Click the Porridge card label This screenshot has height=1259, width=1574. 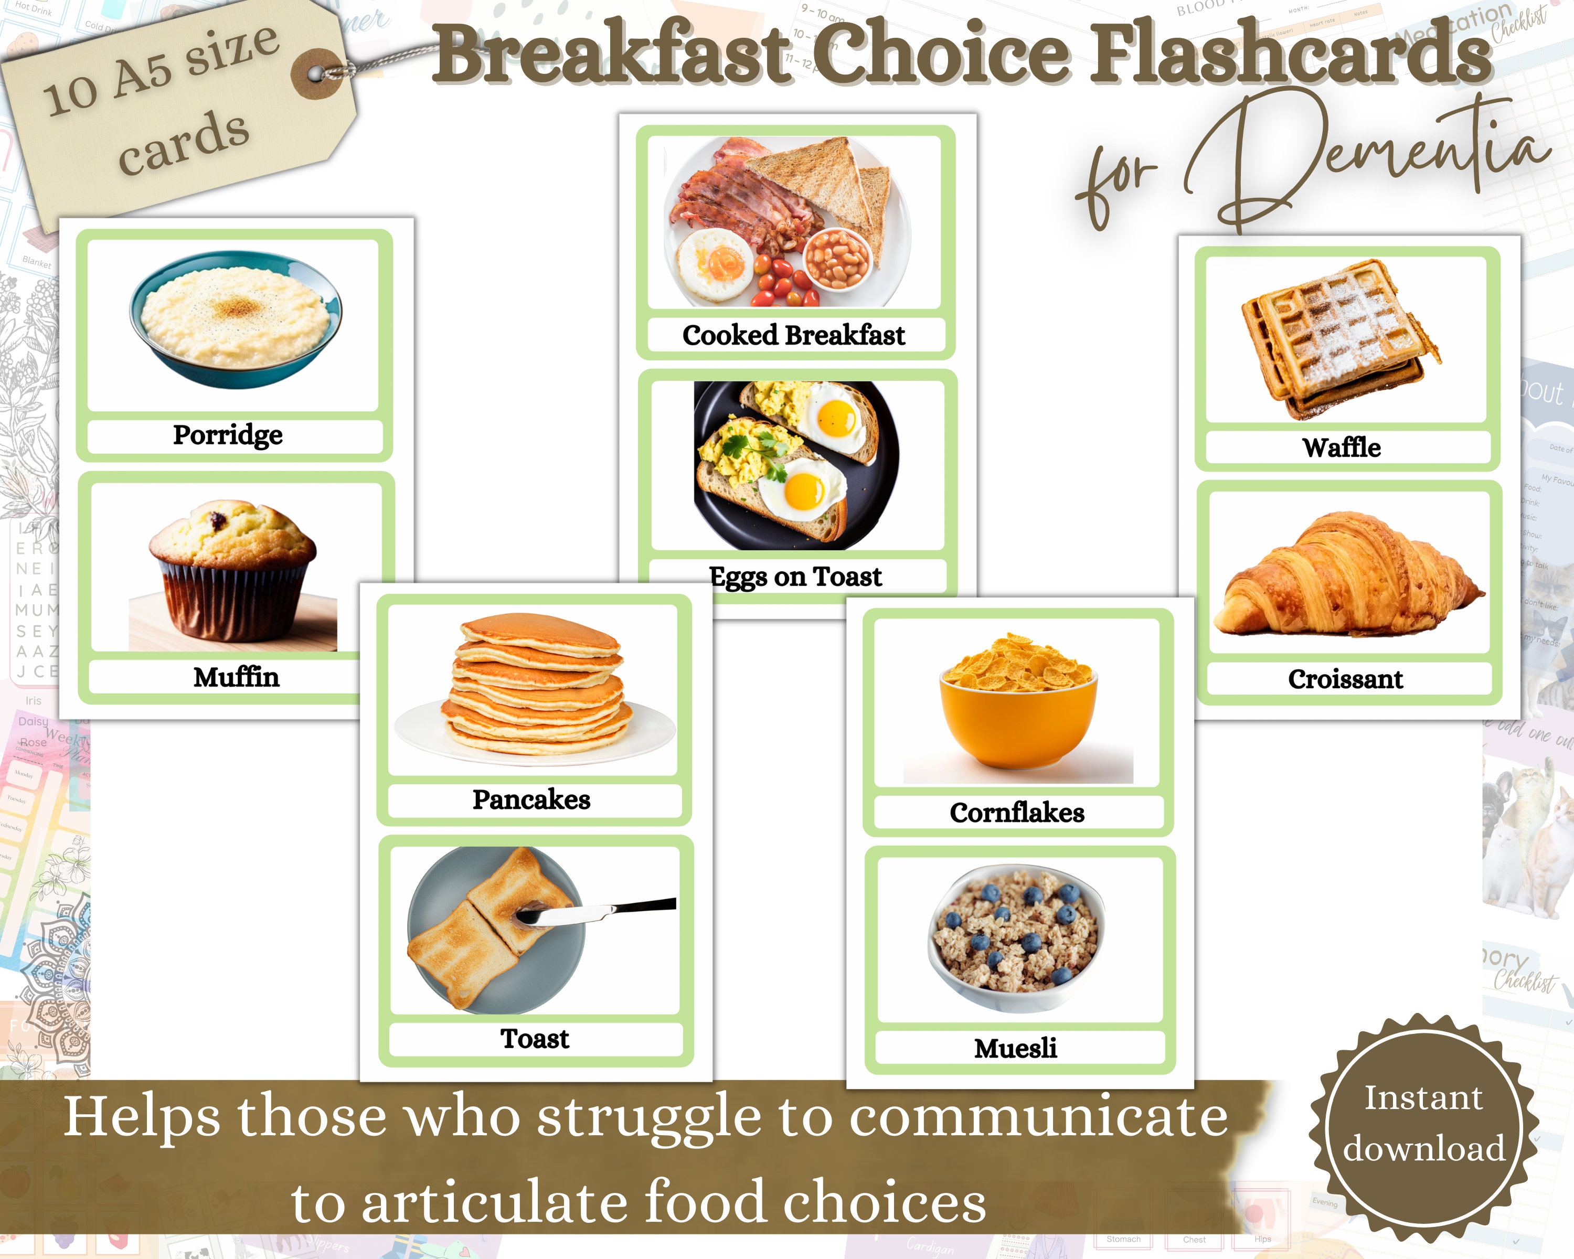(228, 435)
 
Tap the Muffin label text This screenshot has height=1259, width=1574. (236, 677)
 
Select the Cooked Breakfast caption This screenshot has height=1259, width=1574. (794, 335)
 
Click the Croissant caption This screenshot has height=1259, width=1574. (1345, 679)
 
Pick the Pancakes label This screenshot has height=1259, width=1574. (531, 799)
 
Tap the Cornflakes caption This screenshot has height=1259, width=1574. (1017, 813)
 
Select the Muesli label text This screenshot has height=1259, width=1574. (1016, 1048)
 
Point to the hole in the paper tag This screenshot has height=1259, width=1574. (315, 74)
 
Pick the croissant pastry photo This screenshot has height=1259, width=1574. (1347, 577)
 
